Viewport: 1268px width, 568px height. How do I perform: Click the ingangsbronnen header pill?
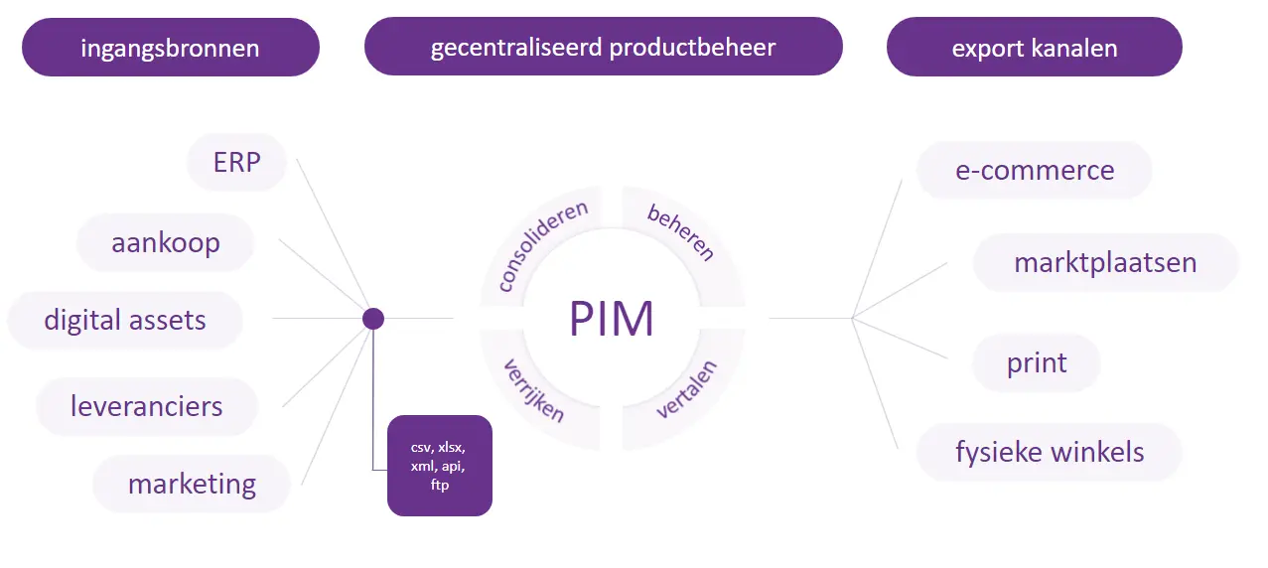click(170, 48)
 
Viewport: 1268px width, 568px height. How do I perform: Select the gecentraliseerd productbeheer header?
click(603, 48)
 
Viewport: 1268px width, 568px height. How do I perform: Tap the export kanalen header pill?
click(1034, 48)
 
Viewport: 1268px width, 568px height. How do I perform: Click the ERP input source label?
click(236, 162)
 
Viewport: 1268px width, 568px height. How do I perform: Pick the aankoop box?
click(165, 242)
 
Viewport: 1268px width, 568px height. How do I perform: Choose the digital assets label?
click(125, 320)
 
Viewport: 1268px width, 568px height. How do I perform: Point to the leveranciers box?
click(147, 405)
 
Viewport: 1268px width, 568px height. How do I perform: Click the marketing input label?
click(192, 484)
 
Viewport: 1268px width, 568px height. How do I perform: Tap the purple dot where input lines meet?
click(373, 319)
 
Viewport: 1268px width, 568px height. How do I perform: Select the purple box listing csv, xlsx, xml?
click(440, 466)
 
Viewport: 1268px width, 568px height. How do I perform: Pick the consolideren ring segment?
click(542, 246)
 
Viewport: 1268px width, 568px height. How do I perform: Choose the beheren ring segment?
click(681, 232)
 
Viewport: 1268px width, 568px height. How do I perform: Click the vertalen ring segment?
click(686, 394)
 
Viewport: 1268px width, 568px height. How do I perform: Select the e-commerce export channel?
click(1034, 170)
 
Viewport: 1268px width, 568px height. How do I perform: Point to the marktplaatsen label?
click(1104, 262)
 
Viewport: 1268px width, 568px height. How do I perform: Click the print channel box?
click(1036, 362)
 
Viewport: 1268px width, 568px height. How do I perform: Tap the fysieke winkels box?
click(1049, 452)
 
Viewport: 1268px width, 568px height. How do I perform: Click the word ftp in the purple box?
click(440, 486)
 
